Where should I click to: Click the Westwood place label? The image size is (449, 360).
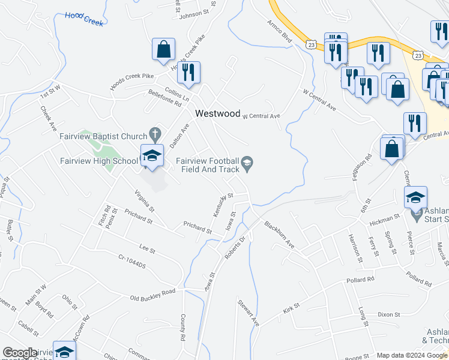point(217,113)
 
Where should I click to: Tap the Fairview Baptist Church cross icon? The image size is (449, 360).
point(155,133)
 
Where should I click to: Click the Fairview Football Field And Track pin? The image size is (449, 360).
point(247,162)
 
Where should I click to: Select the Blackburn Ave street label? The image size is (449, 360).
point(279,235)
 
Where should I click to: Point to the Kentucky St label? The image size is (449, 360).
point(222,205)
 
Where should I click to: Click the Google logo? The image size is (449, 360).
point(20,353)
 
